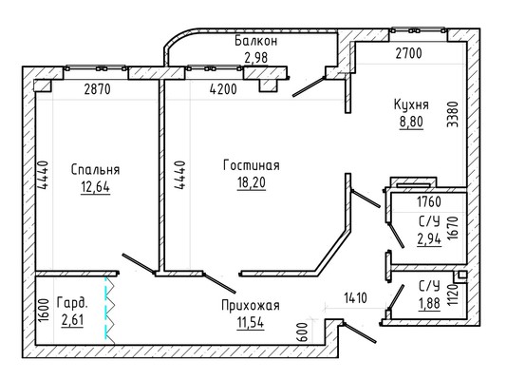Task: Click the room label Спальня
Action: click(95, 169)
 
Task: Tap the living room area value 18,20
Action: click(252, 182)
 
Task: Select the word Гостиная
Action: click(252, 165)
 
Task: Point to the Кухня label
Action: click(411, 104)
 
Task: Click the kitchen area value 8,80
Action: click(411, 122)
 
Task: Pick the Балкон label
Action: click(255, 41)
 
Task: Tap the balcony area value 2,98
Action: click(255, 58)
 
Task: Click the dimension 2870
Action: click(98, 89)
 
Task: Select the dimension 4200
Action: click(223, 89)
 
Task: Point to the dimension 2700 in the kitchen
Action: click(408, 53)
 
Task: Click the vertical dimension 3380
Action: click(453, 114)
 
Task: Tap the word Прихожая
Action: click(251, 305)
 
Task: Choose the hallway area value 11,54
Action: click(251, 323)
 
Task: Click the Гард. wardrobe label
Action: click(72, 303)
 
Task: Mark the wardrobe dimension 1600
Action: click(44, 311)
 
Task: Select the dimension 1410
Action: click(355, 298)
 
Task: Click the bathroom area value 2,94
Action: click(429, 239)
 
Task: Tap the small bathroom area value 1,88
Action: click(429, 303)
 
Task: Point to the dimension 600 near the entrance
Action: click(301, 332)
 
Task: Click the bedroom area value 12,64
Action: click(95, 187)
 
